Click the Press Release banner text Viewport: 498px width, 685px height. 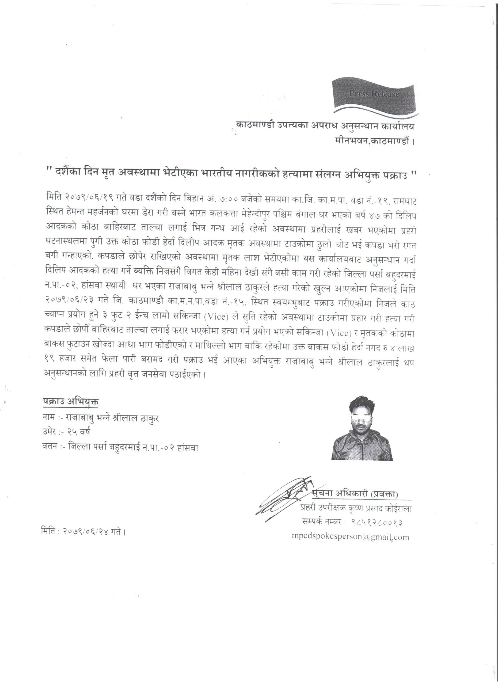click(x=374, y=94)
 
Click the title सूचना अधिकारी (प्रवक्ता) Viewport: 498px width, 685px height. click(x=355, y=494)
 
